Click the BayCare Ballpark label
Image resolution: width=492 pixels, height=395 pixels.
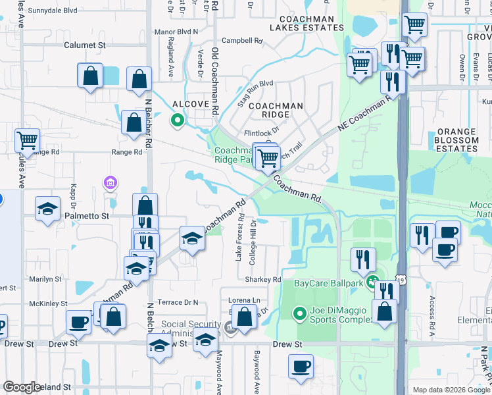pyautogui.click(x=329, y=283)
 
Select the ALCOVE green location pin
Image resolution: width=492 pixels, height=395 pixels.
pyautogui.click(x=176, y=120)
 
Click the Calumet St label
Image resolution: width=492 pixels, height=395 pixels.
pyautogui.click(x=85, y=45)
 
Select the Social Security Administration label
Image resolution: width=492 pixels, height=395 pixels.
pyautogui.click(x=191, y=329)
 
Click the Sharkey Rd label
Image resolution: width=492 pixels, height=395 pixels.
pyautogui.click(x=263, y=279)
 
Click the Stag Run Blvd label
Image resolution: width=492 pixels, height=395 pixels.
pyautogui.click(x=255, y=84)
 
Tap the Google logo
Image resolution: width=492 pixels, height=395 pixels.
pyautogui.click(x=22, y=387)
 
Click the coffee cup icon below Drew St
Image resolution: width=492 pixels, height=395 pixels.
pyautogui.click(x=302, y=366)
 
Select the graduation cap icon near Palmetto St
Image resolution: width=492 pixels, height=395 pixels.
pyautogui.click(x=48, y=209)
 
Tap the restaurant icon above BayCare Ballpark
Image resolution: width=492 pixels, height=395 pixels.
pyautogui.click(x=362, y=259)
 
